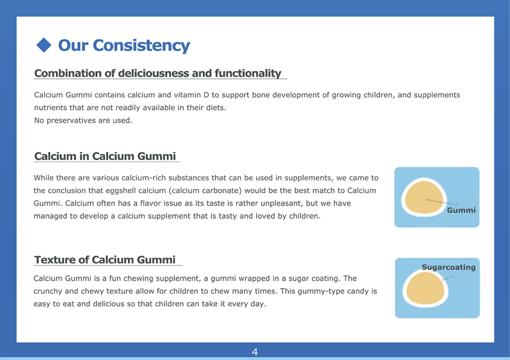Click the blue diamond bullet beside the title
[x=44, y=45]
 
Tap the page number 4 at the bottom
[x=254, y=352]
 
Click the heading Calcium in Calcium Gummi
[x=105, y=156]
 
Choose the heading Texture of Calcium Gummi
[x=105, y=260]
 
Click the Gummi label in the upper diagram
[x=461, y=210]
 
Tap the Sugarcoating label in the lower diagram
[x=448, y=267]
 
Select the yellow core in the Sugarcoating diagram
[x=425, y=289]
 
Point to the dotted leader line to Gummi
[x=441, y=202]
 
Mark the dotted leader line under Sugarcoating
[x=447, y=278]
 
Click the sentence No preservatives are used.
[x=83, y=121]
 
